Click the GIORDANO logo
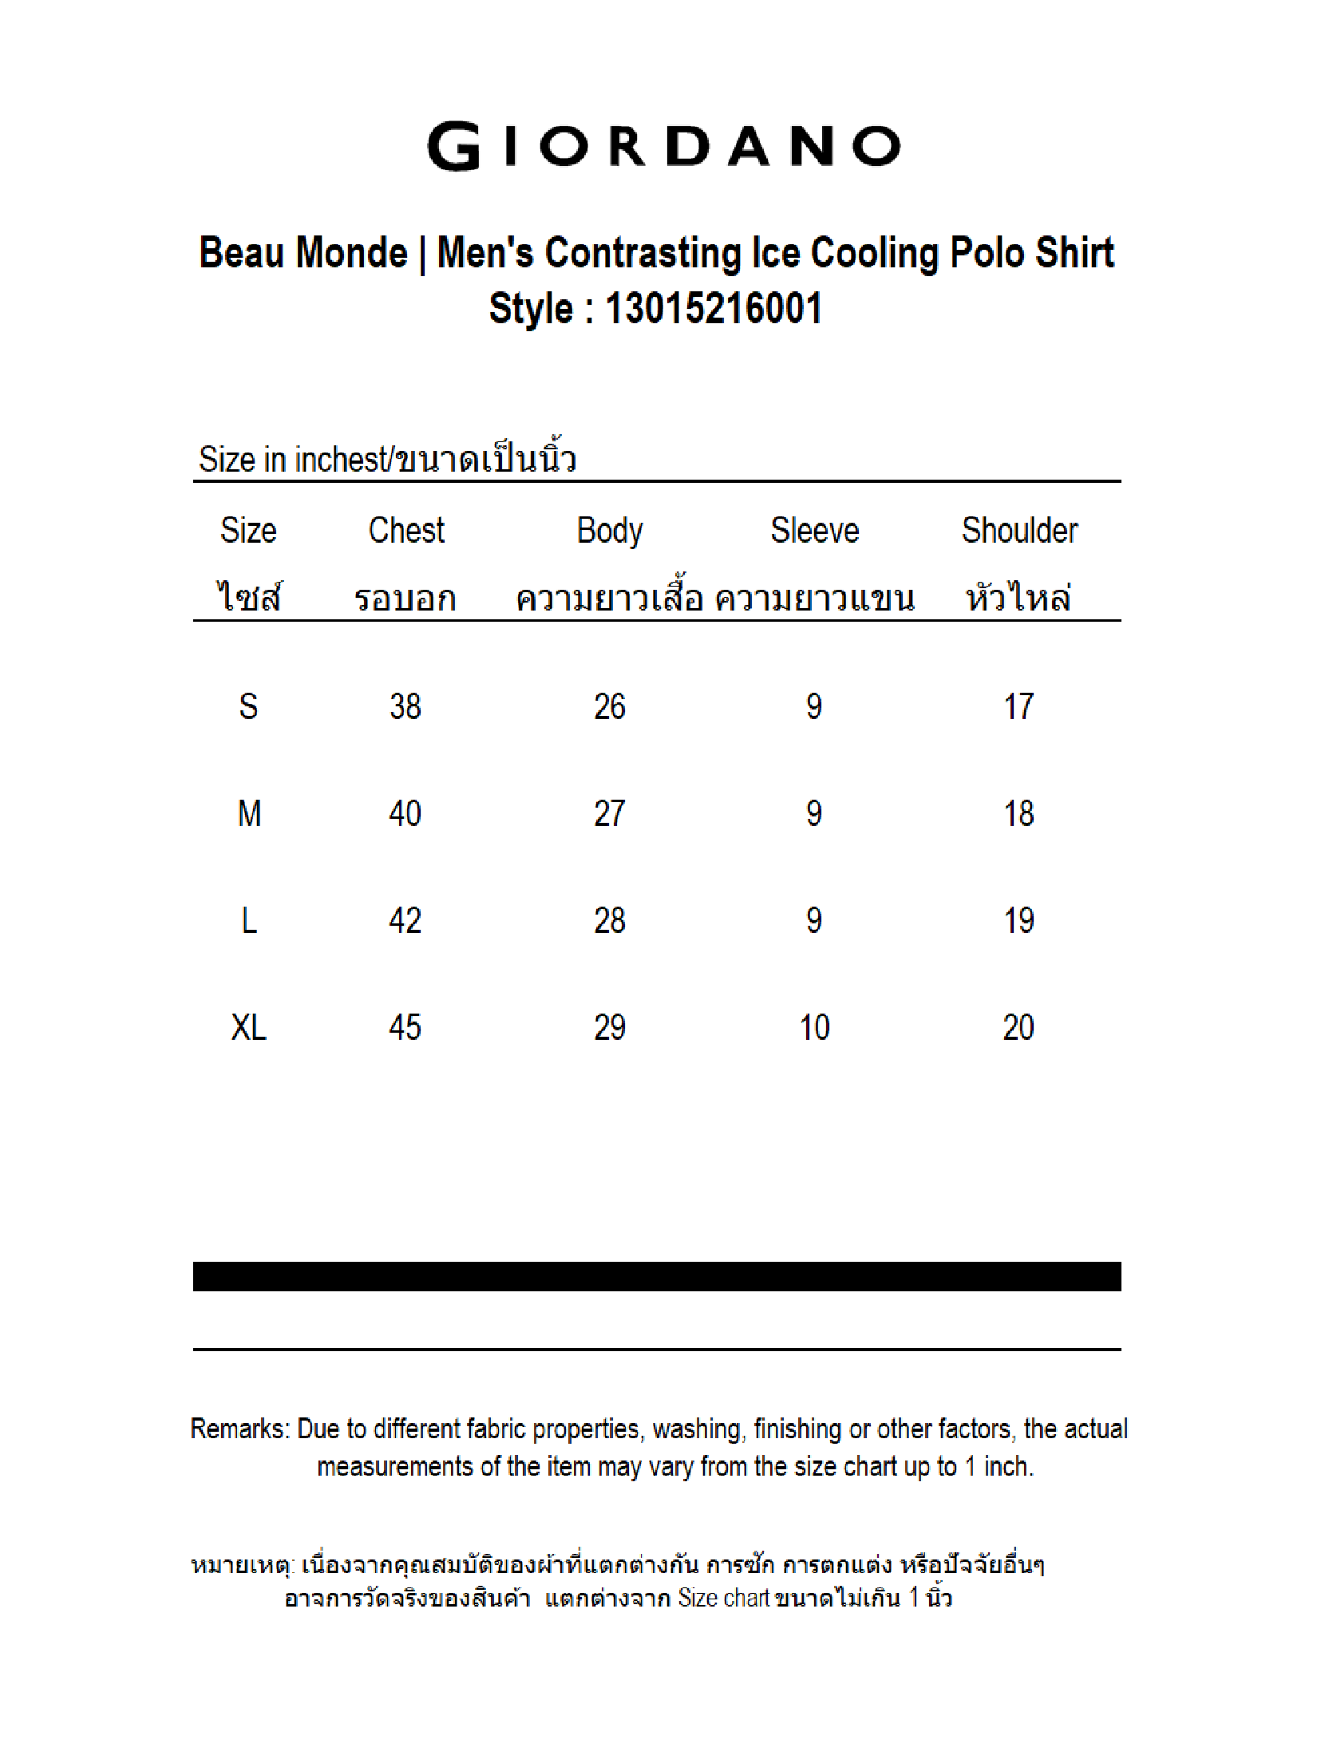click(x=664, y=146)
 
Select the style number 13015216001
click(x=714, y=309)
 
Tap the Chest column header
click(x=406, y=531)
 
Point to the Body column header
click(x=610, y=531)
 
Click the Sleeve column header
click(x=814, y=531)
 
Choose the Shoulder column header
click(x=1019, y=531)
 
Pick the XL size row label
click(x=248, y=1028)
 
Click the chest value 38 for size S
click(x=405, y=707)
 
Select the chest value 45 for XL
click(x=405, y=1028)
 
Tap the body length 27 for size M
click(x=610, y=814)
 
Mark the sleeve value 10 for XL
click(x=814, y=1028)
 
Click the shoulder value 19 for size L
click(x=1019, y=921)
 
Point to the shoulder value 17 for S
click(x=1019, y=707)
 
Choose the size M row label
click(x=249, y=814)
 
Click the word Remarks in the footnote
click(x=239, y=1429)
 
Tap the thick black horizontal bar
click(x=657, y=1276)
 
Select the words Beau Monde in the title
click(x=303, y=253)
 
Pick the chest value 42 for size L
click(x=405, y=921)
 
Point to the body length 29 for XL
click(x=610, y=1028)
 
